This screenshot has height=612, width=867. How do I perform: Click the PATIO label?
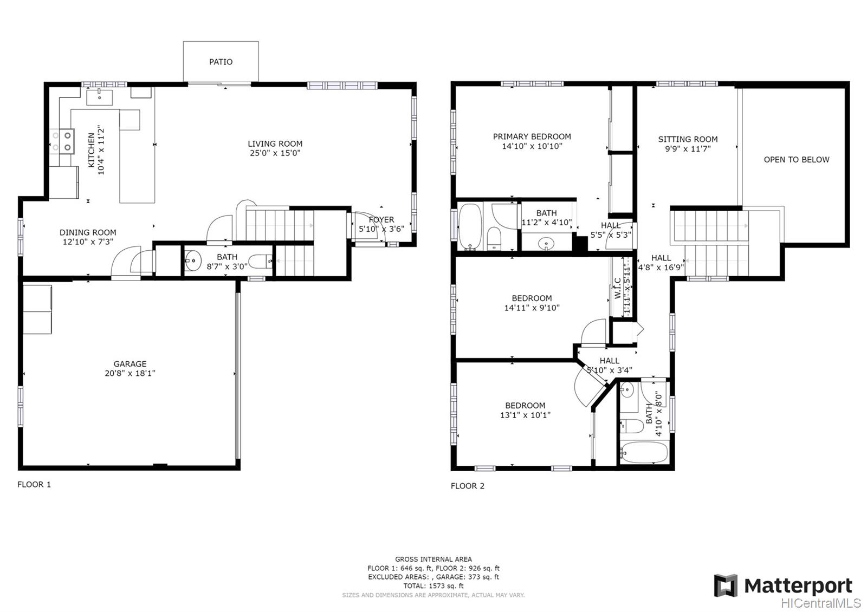[221, 62]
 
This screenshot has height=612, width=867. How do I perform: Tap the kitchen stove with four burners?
[62, 141]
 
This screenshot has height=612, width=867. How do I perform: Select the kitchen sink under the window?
[100, 97]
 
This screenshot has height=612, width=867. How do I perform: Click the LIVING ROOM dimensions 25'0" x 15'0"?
[275, 153]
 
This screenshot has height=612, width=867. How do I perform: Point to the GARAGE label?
[130, 364]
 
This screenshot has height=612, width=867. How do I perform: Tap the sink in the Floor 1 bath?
[193, 261]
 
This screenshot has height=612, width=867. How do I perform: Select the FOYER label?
[381, 219]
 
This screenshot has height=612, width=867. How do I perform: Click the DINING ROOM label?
[88, 232]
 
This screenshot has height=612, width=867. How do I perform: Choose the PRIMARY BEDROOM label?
[532, 136]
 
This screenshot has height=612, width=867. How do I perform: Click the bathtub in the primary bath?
[470, 226]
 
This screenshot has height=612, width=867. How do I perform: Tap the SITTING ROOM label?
[688, 139]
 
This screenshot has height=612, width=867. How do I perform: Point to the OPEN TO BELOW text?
[796, 159]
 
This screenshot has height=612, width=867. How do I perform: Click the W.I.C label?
[617, 289]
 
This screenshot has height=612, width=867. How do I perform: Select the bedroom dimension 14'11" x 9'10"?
[532, 308]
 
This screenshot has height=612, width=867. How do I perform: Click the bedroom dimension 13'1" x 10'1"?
[525, 415]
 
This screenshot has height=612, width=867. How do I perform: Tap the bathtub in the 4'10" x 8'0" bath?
[644, 452]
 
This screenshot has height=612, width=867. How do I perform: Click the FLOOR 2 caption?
[468, 486]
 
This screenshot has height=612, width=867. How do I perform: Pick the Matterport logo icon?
[726, 585]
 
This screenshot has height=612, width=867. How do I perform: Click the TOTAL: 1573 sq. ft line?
[433, 585]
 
